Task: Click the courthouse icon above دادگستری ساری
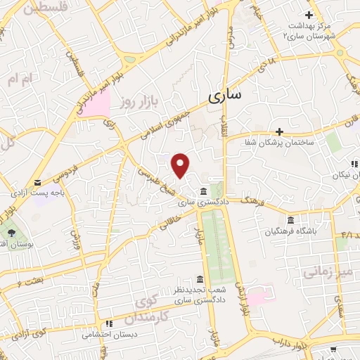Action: click(x=203, y=191)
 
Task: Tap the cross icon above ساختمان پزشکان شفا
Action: click(x=279, y=131)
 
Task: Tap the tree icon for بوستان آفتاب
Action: click(x=11, y=232)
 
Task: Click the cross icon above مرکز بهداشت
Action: click(x=309, y=15)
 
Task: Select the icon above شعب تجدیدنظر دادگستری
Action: click(x=200, y=280)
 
